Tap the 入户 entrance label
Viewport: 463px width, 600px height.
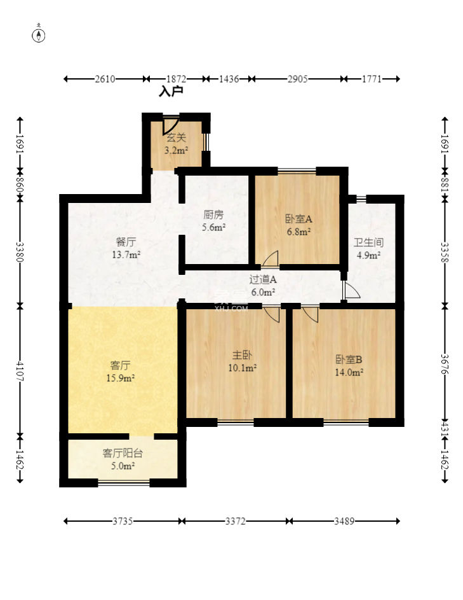click(x=171, y=92)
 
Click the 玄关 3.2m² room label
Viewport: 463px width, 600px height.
click(x=176, y=144)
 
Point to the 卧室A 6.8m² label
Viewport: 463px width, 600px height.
click(x=298, y=225)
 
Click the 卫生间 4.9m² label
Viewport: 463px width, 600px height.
click(x=368, y=248)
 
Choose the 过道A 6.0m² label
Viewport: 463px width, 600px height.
click(x=262, y=285)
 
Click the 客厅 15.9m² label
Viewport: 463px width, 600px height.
click(x=120, y=371)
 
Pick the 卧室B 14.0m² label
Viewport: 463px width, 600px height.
click(x=349, y=365)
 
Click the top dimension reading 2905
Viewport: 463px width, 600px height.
click(x=297, y=79)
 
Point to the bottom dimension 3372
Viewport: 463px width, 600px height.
click(x=236, y=521)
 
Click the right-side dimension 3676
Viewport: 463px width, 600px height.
click(x=444, y=372)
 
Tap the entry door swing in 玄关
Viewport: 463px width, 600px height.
click(x=170, y=125)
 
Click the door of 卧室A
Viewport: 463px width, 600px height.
click(x=270, y=258)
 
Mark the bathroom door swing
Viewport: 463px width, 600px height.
click(x=351, y=291)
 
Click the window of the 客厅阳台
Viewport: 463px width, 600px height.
click(x=124, y=483)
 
